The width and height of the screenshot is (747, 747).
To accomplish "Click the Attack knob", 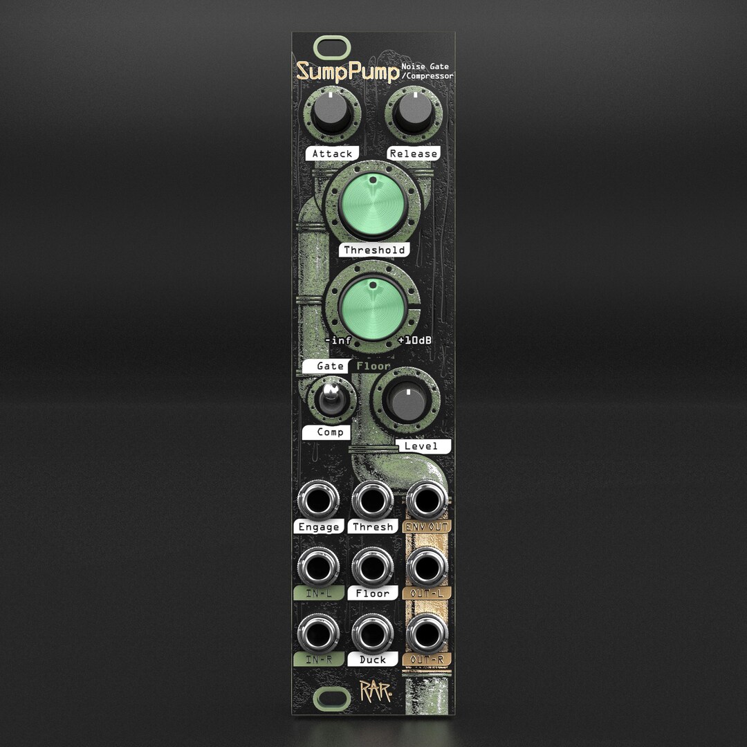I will tap(331, 113).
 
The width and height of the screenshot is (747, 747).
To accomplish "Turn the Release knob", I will tap(413, 113).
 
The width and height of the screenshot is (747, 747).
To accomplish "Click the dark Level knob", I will tap(407, 402).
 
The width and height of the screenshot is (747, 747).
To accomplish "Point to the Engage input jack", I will tap(318, 499).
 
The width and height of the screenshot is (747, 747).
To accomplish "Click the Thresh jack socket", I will tap(372, 499).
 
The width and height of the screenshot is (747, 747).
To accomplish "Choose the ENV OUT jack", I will tap(427, 499).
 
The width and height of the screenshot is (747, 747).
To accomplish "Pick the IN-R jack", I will tap(318, 633).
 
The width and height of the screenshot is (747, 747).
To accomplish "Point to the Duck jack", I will tap(372, 633).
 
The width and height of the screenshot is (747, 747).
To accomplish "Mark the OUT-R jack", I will tap(427, 633).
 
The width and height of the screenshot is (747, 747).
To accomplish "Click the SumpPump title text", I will tap(347, 72).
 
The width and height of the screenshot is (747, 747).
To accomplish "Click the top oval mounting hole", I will tap(332, 48).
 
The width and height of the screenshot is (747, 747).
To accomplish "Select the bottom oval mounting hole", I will tap(332, 699).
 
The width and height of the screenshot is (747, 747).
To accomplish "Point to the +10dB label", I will tap(415, 341).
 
